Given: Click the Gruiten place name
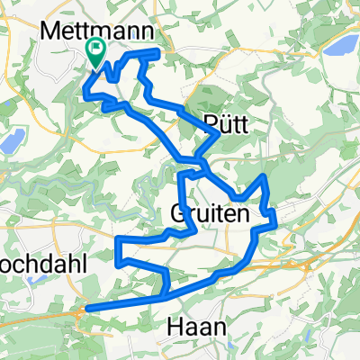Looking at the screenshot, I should [202, 215].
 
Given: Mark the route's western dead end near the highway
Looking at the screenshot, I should [86, 309].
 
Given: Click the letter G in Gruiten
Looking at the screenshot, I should [176, 215].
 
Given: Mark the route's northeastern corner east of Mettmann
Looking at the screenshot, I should [159, 54].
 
